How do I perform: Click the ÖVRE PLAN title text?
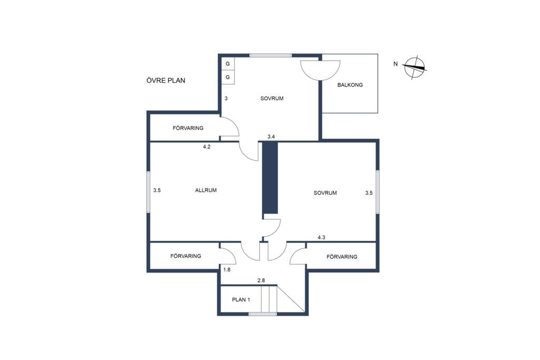(x=166, y=80)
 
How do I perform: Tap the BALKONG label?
(x=350, y=85)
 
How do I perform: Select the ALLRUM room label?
(x=206, y=190)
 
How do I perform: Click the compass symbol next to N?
(x=414, y=67)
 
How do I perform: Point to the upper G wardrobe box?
(x=228, y=64)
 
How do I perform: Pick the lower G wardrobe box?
(x=228, y=77)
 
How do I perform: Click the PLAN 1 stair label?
(x=241, y=300)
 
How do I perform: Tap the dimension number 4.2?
(x=207, y=147)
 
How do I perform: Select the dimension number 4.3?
(x=321, y=238)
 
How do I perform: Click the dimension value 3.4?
(x=271, y=137)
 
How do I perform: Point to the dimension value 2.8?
(x=262, y=280)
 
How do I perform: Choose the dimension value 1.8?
(x=227, y=270)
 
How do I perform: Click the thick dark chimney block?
(x=270, y=178)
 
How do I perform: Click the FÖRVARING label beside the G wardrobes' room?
(x=188, y=128)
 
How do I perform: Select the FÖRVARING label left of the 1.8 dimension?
(x=186, y=256)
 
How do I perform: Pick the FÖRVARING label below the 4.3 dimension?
(x=342, y=257)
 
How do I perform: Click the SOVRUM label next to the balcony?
(x=272, y=99)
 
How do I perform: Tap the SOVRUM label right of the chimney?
(x=325, y=193)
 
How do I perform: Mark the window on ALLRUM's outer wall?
(x=148, y=192)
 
